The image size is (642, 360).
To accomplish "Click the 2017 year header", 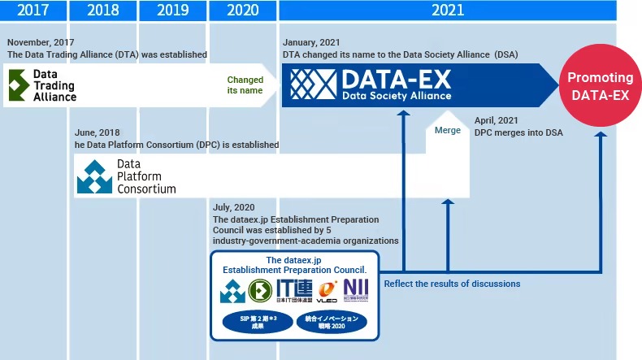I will (33, 11).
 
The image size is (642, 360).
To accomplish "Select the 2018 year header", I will (102, 11).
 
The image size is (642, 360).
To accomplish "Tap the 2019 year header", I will (172, 11).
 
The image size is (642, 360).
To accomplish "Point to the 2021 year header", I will (448, 11).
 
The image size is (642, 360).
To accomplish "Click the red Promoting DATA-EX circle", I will (600, 86).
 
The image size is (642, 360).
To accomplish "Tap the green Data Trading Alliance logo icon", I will (18, 85).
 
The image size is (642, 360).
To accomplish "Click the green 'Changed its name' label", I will (245, 85).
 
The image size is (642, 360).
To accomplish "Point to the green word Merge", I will (447, 130).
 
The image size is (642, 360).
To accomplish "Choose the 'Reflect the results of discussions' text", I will (452, 284).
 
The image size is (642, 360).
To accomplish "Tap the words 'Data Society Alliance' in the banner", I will (397, 95).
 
